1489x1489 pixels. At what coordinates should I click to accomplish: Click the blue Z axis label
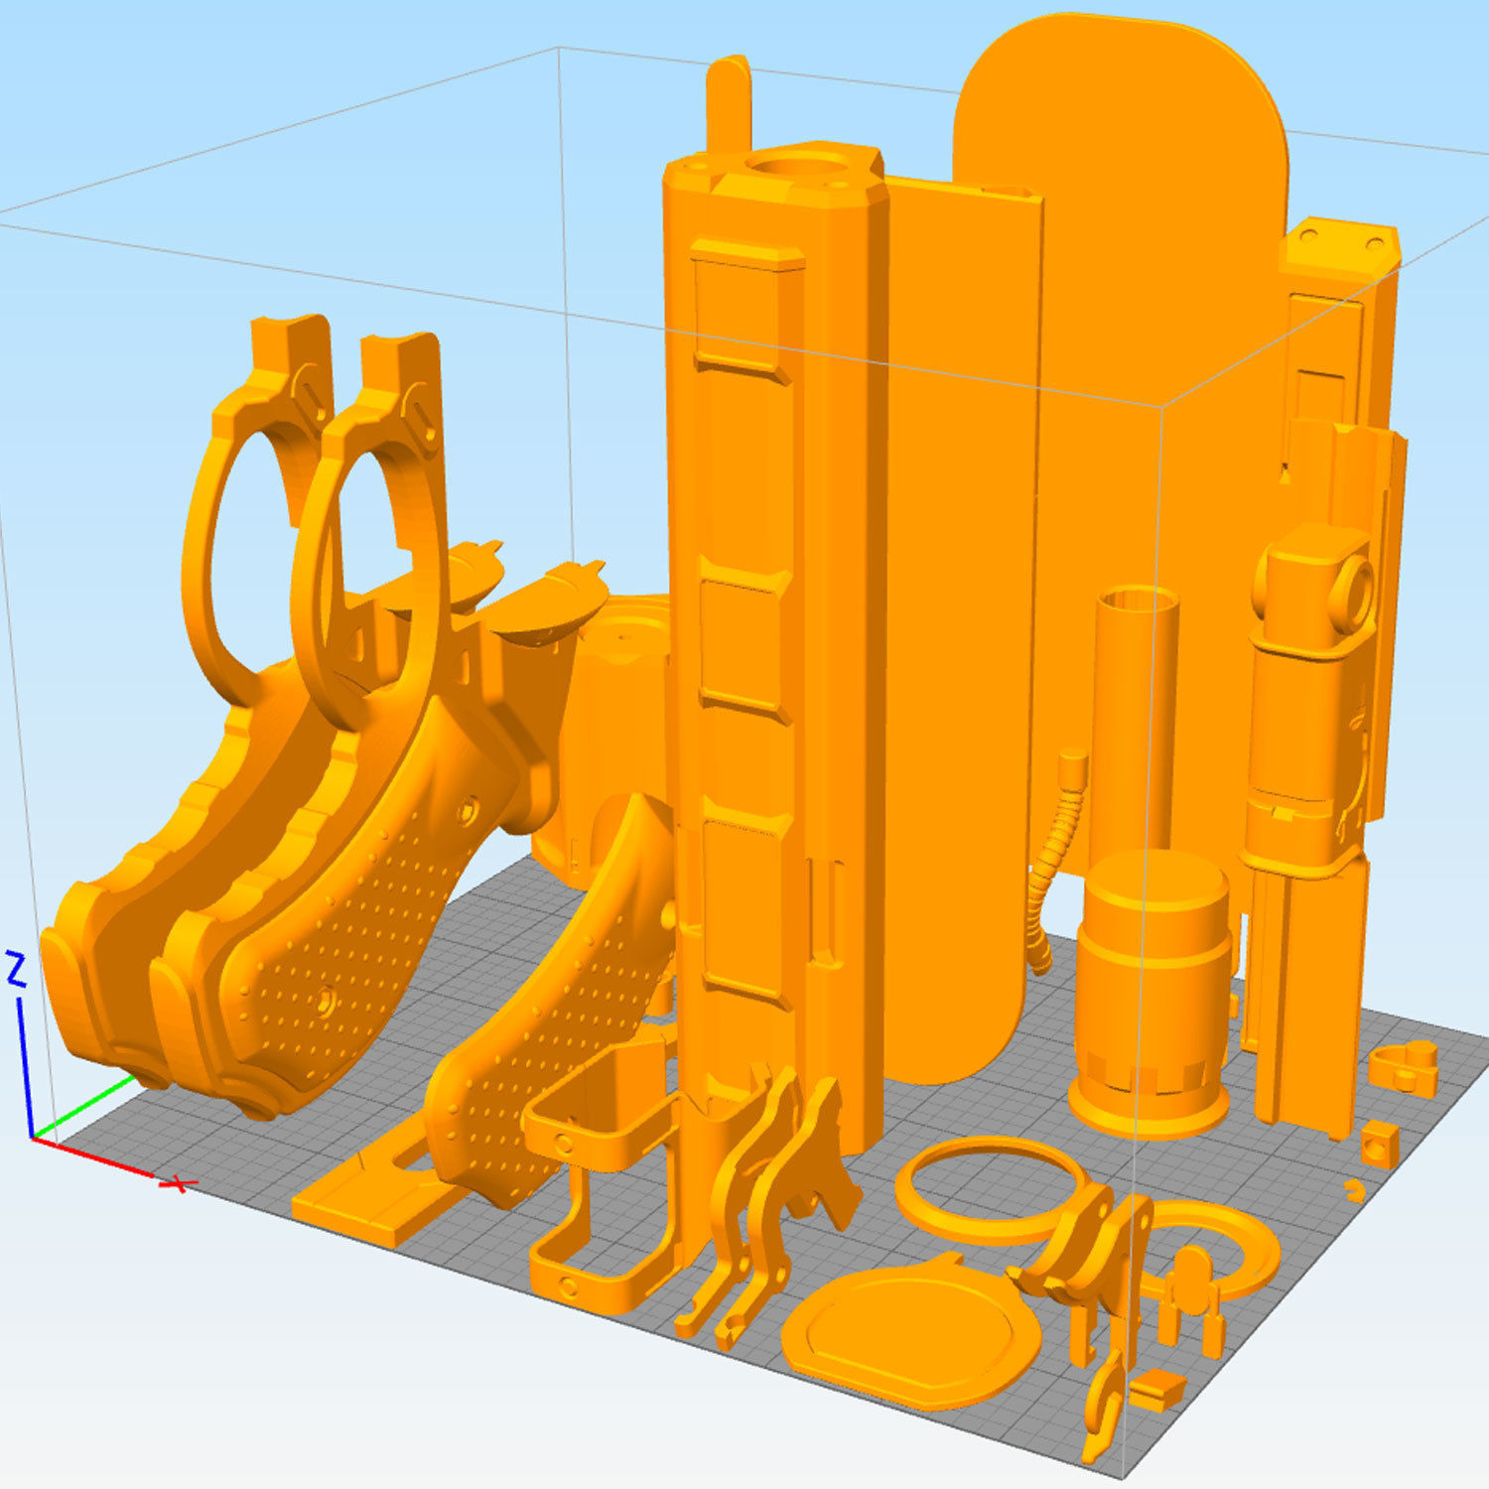coord(16,969)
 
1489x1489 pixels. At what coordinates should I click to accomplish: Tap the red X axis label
coord(179,1183)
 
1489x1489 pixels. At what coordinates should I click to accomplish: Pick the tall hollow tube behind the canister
coord(1136,715)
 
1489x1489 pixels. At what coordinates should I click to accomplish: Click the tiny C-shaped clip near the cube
coord(1354,1189)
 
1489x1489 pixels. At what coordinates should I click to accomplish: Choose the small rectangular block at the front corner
coord(1157,1391)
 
